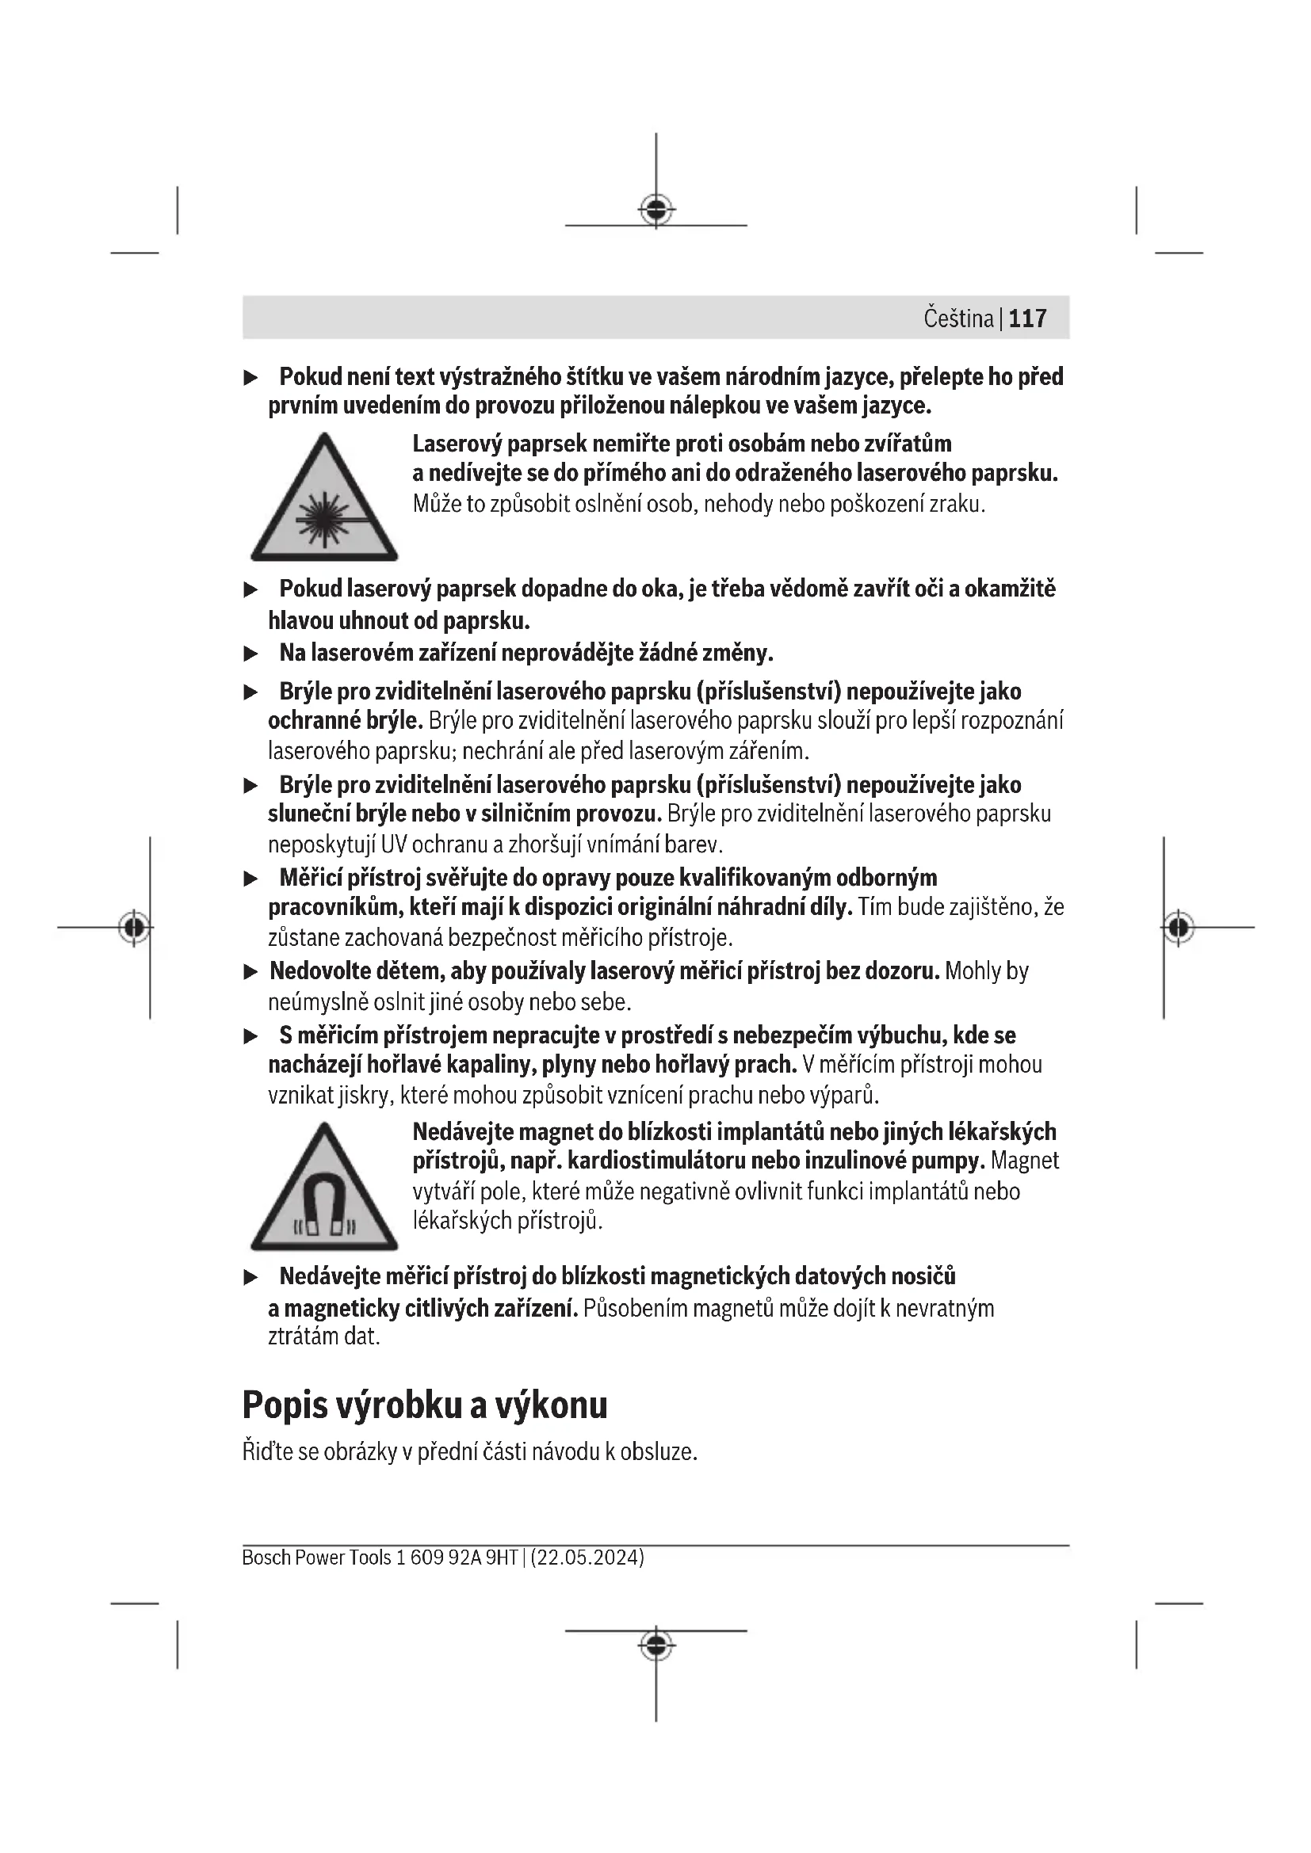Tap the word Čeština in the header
click(958, 318)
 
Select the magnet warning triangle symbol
click(323, 1189)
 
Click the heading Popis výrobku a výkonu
click(425, 1405)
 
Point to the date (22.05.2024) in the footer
click(587, 1557)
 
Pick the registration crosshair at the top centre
click(656, 210)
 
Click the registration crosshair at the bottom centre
click(656, 1644)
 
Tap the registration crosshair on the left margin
click(134, 928)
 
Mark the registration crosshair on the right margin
click(1178, 928)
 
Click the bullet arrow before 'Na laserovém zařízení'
click(251, 653)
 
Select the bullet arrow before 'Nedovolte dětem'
click(251, 972)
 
